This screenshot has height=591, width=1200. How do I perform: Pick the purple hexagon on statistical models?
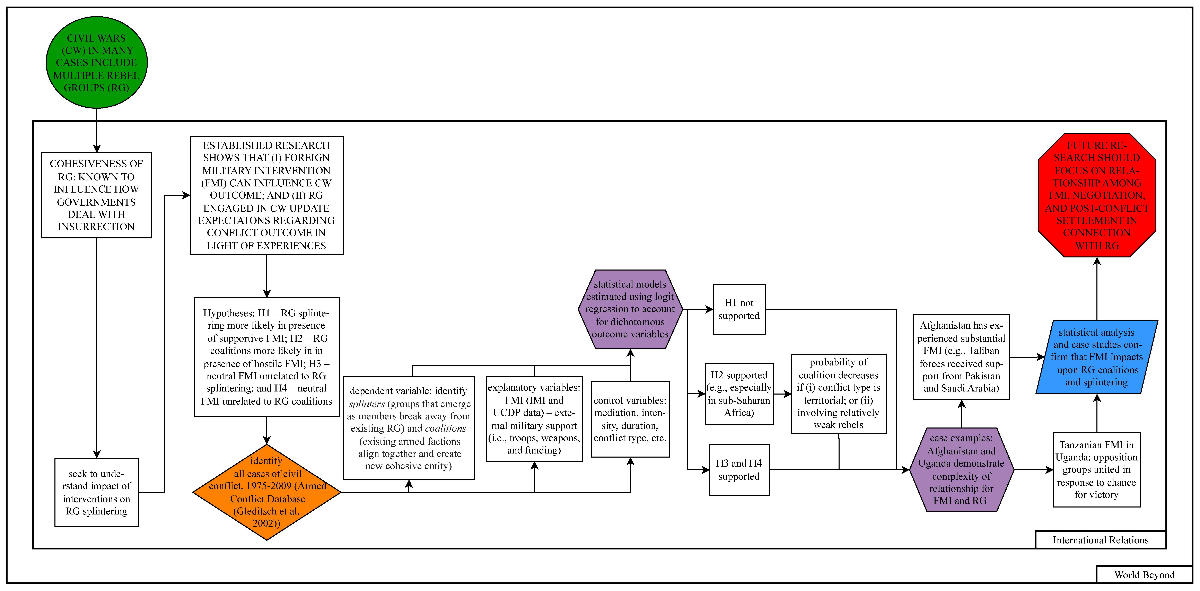tap(630, 309)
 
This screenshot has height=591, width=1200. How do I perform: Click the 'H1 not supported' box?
tap(739, 309)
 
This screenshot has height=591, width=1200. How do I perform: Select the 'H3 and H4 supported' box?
tap(739, 469)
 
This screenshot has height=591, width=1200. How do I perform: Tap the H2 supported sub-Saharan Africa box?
tap(739, 394)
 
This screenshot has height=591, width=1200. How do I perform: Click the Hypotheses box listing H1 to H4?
tap(266, 357)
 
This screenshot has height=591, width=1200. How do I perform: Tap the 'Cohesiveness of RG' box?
tap(96, 195)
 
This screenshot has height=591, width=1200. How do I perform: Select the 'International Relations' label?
tap(1100, 540)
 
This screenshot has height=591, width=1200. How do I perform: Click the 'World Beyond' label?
tap(1144, 575)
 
